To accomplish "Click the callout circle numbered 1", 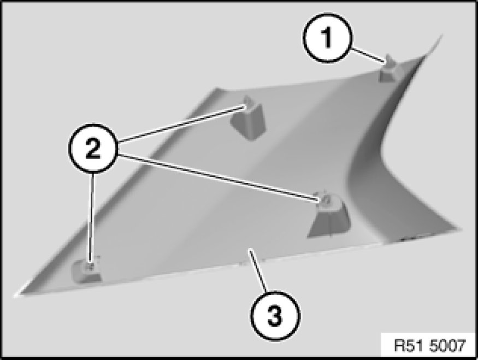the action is tap(327, 38).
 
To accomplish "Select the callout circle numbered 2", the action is tap(93, 149).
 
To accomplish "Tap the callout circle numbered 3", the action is tap(275, 316).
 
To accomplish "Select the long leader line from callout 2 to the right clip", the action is tap(219, 178).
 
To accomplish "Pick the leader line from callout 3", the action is tap(258, 271).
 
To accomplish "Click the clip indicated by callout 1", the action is tap(388, 69).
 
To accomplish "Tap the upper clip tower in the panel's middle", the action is tap(249, 119).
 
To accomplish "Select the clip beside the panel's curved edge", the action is tap(329, 216).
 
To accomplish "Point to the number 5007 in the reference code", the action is tap(447, 345).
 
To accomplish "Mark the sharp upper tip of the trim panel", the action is tap(442, 35).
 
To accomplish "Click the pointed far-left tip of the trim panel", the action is tap(15, 295).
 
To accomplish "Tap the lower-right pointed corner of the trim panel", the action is tap(460, 229).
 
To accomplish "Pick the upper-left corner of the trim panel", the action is tap(216, 89).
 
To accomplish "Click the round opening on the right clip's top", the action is tap(325, 200).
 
